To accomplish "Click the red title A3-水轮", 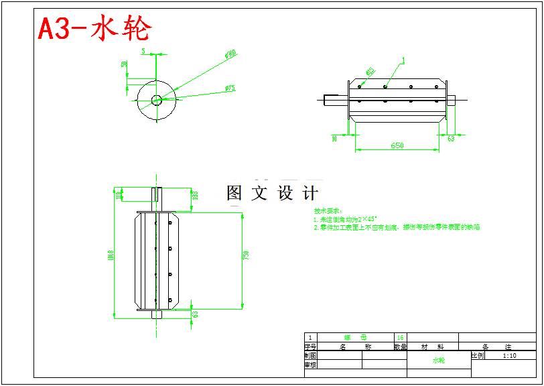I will [94, 28].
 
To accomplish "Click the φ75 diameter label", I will [230, 88].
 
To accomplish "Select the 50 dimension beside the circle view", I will [125, 64].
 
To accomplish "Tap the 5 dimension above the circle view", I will [143, 51].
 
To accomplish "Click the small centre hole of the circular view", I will [156, 101].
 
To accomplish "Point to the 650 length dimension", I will [397, 145].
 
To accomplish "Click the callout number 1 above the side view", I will [404, 60].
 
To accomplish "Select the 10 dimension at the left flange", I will [334, 139].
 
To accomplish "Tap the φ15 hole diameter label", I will [370, 71].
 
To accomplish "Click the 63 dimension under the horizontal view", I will [450, 139].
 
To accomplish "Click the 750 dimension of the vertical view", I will [246, 255].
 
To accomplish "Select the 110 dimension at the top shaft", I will [119, 194].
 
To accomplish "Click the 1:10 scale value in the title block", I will [509, 356].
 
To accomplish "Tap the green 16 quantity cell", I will [401, 338].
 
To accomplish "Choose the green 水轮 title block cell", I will [438, 361].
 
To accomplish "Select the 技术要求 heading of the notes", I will [328, 210].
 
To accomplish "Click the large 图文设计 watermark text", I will [272, 194].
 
